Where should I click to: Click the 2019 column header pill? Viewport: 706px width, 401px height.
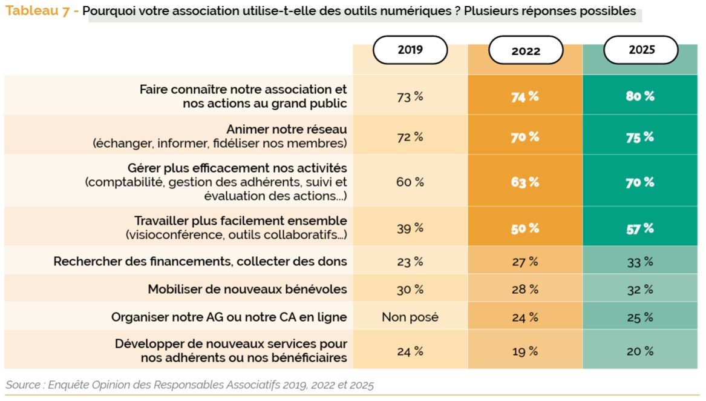410,50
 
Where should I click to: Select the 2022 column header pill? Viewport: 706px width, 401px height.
526,51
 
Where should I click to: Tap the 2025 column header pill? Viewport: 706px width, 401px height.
641,50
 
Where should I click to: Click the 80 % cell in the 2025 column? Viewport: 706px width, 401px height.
641,96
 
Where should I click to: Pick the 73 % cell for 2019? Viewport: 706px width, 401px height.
410,96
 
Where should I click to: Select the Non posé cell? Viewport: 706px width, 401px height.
410,317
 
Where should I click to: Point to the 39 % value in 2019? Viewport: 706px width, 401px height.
410,228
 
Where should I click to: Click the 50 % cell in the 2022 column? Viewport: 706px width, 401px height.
525,228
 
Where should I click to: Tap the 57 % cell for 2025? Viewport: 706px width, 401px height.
641,228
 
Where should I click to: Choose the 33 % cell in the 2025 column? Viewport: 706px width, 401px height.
641,262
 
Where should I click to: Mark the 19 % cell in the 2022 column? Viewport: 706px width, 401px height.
525,351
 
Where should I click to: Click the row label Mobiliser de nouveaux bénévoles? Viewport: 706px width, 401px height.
247,289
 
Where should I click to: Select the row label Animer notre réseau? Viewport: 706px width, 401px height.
287,130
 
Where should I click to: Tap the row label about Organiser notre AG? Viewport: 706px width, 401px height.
229,317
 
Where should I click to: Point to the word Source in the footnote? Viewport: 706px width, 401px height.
22,385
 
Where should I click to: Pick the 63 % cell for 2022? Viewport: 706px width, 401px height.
525,182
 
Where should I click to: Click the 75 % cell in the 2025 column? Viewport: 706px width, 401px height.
641,136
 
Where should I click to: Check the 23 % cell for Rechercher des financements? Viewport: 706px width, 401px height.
410,262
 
